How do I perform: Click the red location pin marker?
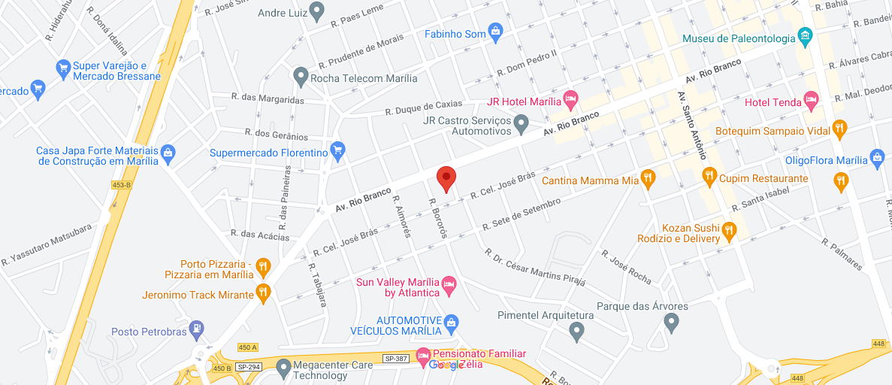[446, 179]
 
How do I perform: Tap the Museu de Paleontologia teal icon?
[805, 35]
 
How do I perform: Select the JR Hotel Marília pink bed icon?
[571, 99]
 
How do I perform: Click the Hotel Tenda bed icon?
[810, 99]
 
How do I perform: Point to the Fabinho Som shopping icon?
[495, 32]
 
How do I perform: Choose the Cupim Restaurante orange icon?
[709, 177]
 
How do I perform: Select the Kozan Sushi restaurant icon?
[728, 232]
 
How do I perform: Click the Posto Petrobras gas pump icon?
[196, 329]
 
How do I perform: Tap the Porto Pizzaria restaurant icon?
[262, 266]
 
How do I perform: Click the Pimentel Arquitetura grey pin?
[576, 330]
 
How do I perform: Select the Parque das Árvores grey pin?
[673, 323]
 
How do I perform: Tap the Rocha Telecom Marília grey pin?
[301, 76]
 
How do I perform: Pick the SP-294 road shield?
[247, 366]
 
